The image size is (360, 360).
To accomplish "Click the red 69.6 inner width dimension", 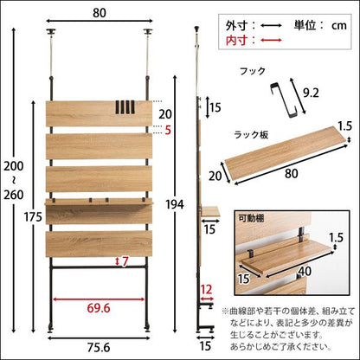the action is pos(99,308).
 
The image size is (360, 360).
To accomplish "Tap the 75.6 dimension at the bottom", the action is pos(99,348).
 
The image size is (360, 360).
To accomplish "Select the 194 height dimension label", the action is pos(175,204).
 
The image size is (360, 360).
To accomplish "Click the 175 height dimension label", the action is pos(33,217).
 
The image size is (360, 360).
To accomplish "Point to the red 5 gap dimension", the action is pos(168,131).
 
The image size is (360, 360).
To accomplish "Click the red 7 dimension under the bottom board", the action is pos(125,261).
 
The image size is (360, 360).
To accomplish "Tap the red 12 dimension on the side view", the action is pos(207,290).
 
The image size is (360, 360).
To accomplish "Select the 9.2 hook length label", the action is pos(311,93).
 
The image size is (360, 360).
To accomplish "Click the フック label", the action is pos(253,71).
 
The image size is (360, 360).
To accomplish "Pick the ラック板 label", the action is pos(251,135).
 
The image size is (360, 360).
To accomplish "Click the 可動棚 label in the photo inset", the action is pos(251,218).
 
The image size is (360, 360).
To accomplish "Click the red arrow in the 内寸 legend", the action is pos(271,40).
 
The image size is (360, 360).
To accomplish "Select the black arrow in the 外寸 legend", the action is pos(271,25).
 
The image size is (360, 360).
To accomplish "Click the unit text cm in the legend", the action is pos(338,26).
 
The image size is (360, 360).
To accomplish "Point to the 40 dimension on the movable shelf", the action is pos(305,272).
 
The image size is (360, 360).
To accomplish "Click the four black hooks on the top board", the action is pos(125,108).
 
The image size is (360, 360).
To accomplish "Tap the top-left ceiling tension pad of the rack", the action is pos(52,32).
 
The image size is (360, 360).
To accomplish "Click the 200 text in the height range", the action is pos(14,166).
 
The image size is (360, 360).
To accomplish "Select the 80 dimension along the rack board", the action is pos(291,174).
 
